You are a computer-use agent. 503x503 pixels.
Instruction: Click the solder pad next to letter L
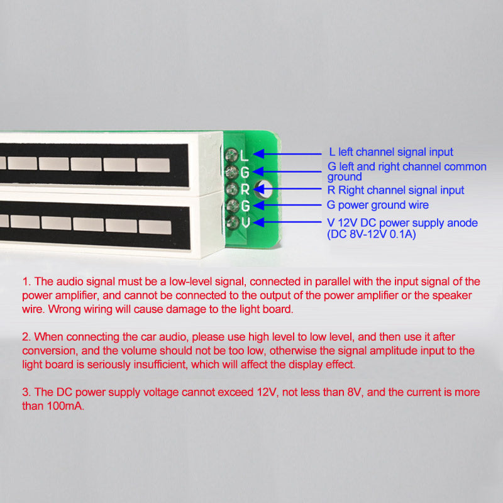(231, 155)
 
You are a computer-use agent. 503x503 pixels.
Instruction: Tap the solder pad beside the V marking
(232, 223)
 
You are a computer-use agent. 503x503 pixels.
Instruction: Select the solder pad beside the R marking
(231, 189)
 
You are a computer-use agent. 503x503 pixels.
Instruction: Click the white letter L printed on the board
(244, 155)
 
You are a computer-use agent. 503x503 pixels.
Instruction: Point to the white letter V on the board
(245, 223)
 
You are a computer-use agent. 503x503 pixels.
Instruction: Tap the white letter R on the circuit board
(245, 189)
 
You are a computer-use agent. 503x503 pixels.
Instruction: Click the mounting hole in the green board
(263, 189)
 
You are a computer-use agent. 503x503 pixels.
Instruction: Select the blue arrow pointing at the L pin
(287, 153)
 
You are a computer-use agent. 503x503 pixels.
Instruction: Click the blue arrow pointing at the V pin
(287, 222)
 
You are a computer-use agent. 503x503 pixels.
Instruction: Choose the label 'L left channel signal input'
(391, 152)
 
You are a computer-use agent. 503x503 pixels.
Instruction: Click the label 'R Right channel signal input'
(395, 191)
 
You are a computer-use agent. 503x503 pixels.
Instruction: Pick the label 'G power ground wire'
(378, 205)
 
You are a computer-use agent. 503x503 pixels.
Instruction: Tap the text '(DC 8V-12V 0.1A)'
(372, 234)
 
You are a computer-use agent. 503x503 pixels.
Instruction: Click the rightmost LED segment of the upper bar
(153, 165)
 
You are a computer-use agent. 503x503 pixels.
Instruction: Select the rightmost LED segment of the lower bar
(155, 227)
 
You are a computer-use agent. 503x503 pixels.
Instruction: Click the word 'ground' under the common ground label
(345, 177)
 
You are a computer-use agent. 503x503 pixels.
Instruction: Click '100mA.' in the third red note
(65, 406)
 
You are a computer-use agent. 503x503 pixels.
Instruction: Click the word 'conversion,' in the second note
(50, 351)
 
